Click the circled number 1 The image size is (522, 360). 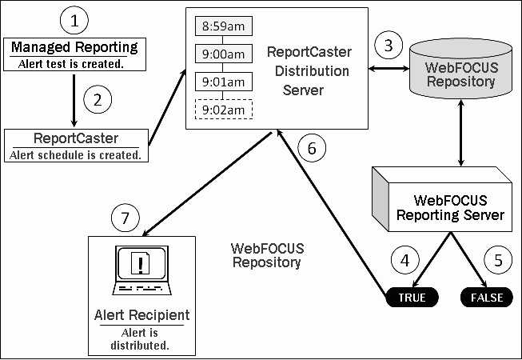point(74,19)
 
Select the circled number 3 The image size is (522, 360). point(389,45)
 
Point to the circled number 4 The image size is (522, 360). point(405,260)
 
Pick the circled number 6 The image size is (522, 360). point(312,148)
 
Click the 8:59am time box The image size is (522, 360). point(223,26)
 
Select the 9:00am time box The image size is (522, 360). point(223,54)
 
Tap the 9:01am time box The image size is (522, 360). point(223,81)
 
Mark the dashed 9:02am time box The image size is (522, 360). point(223,109)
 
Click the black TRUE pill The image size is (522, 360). point(412,297)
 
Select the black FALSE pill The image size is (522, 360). point(487,297)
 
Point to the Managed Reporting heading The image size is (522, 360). point(74,47)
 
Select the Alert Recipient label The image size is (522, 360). point(141,314)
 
